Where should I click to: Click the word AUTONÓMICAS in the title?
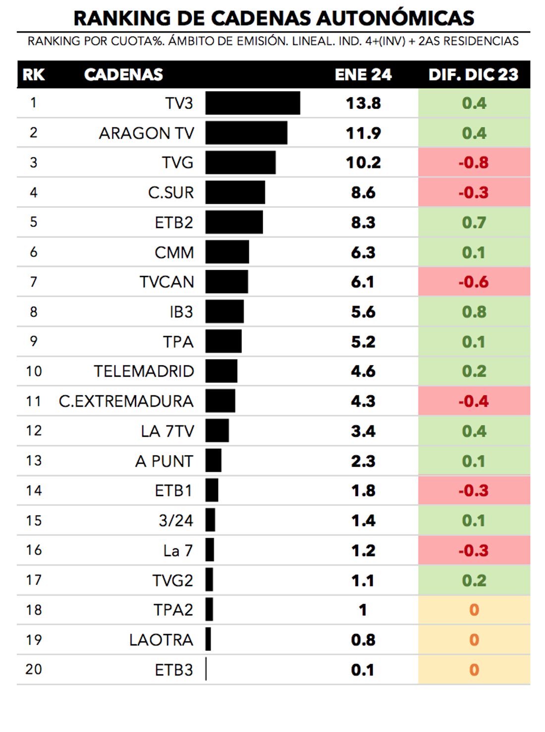click(x=395, y=18)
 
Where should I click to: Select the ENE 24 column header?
click(x=363, y=75)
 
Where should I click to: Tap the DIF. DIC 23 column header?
click(x=473, y=75)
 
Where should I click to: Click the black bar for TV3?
click(x=253, y=103)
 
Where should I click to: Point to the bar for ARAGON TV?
click(x=246, y=133)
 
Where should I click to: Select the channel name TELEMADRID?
click(x=144, y=371)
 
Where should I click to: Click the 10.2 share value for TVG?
click(x=363, y=162)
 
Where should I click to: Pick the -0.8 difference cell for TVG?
click(x=474, y=162)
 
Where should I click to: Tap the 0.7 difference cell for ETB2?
click(x=474, y=222)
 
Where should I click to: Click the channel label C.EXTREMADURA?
click(x=126, y=401)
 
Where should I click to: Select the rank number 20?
click(x=34, y=670)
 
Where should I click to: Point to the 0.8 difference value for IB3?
click(x=474, y=312)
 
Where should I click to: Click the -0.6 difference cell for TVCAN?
click(x=474, y=282)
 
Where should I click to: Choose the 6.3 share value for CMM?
click(x=363, y=253)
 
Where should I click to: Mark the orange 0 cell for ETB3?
click(x=474, y=670)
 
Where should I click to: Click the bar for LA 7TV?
click(x=217, y=431)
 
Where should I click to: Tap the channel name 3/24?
click(x=176, y=521)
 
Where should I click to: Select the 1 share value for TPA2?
click(x=363, y=610)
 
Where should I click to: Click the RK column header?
click(x=34, y=75)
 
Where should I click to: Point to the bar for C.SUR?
click(x=235, y=192)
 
